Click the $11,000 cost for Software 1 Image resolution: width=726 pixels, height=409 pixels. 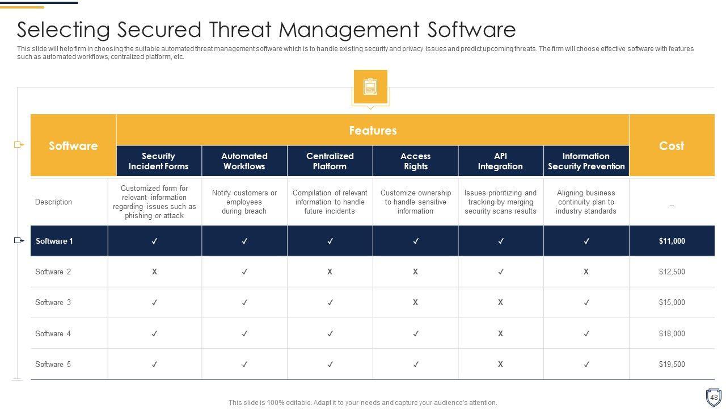(672, 241)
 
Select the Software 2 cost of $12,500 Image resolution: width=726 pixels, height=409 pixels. (672, 272)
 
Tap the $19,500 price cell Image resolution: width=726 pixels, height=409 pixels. (672, 364)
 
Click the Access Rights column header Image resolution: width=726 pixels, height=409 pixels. (416, 161)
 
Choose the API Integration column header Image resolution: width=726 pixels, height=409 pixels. (500, 161)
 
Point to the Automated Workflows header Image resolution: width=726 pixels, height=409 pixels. (244, 161)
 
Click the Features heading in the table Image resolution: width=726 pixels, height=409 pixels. (373, 131)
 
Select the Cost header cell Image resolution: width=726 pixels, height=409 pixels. (672, 146)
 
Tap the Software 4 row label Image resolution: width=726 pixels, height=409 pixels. (53, 333)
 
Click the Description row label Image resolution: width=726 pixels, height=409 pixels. (53, 202)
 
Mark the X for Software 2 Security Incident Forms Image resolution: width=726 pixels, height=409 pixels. (154, 272)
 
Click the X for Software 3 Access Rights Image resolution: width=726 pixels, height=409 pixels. (415, 302)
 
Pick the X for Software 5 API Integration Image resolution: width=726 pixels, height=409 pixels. (500, 364)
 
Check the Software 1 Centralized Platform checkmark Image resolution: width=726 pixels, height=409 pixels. (330, 241)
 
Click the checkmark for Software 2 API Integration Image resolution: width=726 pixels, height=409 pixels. (501, 272)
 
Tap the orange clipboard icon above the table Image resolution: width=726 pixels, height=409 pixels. (370, 87)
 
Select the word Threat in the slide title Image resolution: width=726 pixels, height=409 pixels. (240, 30)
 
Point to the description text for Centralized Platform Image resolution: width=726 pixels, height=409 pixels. (330, 202)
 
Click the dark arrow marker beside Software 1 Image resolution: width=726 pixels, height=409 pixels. (19, 240)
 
